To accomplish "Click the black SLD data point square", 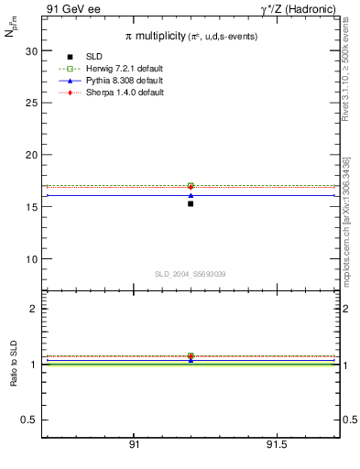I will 191,203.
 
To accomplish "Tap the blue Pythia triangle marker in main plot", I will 191,195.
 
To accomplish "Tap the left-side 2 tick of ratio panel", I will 33,309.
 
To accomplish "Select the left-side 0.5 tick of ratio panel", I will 29,420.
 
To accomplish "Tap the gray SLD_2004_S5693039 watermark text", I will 190,274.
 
